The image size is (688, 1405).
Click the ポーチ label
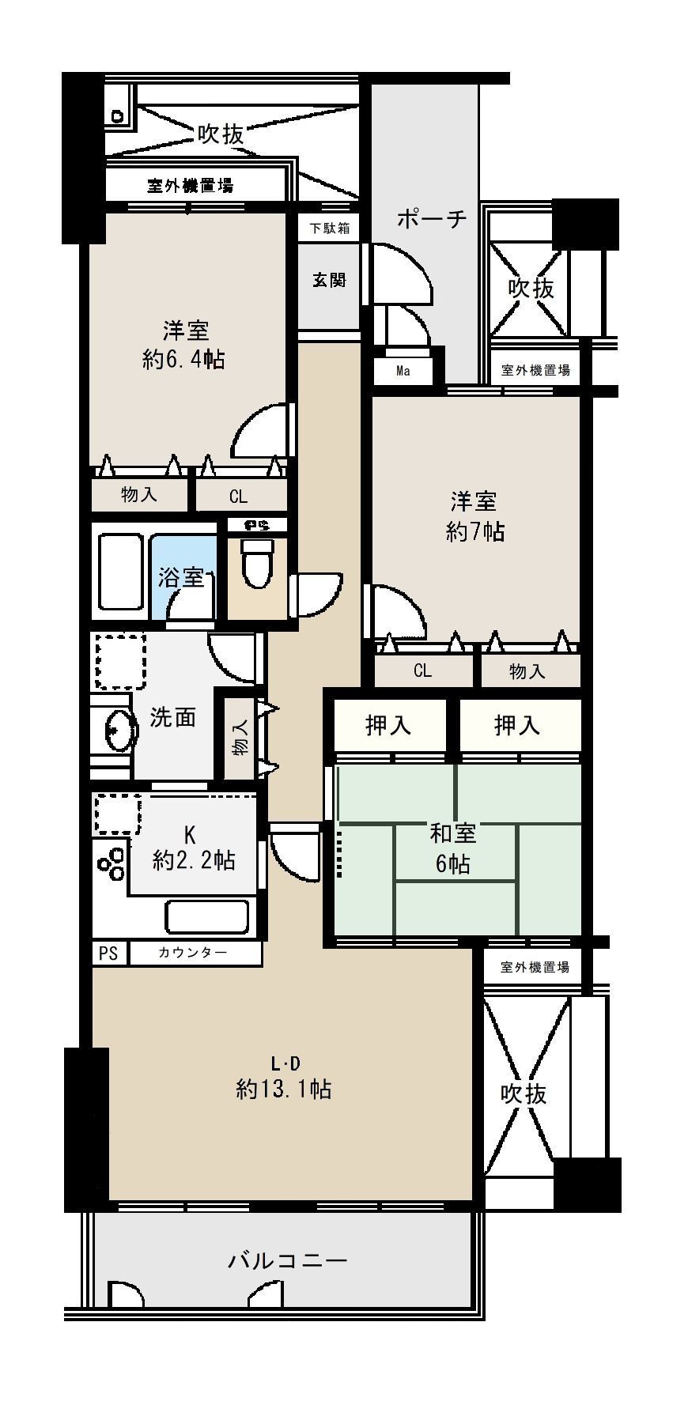point(432,218)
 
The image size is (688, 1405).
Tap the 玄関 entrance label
point(329,280)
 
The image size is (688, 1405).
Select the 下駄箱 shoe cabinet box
point(329,229)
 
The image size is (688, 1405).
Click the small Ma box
point(403,370)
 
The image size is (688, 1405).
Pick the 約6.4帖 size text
point(183,360)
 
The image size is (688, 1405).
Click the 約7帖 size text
point(474,531)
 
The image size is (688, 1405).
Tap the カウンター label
point(194,953)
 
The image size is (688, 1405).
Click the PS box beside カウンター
point(109,954)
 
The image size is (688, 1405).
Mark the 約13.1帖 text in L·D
point(283,1089)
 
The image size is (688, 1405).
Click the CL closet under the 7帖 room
point(423,670)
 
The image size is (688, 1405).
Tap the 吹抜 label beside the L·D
point(524,1093)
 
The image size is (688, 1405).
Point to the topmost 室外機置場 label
point(191,186)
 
